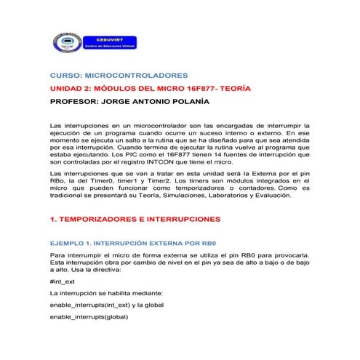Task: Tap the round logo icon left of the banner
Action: click(64, 44)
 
